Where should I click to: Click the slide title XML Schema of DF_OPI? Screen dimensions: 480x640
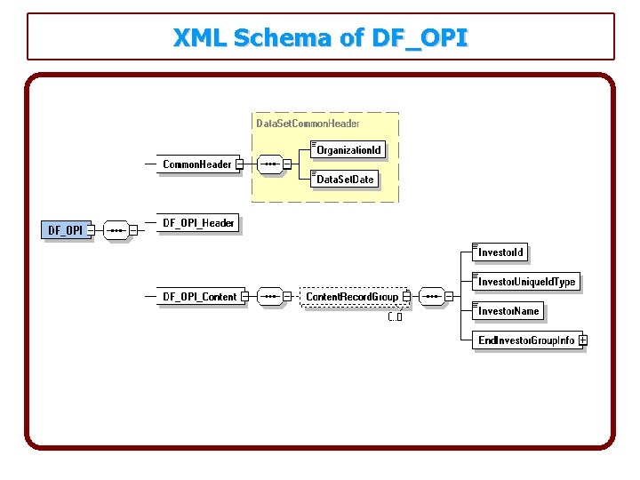coord(320,38)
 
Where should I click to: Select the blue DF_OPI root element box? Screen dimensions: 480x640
coord(65,230)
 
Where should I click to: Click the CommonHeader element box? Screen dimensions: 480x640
coord(196,164)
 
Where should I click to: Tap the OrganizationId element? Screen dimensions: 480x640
coord(348,150)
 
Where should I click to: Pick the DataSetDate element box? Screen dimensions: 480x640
coord(345,180)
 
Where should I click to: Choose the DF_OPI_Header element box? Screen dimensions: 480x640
coord(198,223)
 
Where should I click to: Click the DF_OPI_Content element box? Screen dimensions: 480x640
coord(199,296)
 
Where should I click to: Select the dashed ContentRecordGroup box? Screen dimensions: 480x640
coord(352,296)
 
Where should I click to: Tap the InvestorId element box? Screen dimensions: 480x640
coord(501,252)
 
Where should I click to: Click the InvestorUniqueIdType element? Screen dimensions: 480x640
coord(525,282)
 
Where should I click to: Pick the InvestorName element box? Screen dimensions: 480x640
coord(508,311)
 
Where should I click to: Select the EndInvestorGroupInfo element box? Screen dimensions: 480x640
coord(525,340)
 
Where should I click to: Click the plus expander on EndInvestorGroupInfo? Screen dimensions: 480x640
coord(582,340)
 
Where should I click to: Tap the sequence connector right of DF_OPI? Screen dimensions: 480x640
coord(116,230)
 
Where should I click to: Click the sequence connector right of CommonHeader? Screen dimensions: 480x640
coord(270,164)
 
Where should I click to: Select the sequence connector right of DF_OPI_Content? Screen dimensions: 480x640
coord(270,296)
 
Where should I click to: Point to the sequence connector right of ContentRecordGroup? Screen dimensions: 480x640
coord(432,296)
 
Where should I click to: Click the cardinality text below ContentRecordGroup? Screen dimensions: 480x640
coord(396,316)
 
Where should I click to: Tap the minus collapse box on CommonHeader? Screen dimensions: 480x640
coord(240,164)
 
